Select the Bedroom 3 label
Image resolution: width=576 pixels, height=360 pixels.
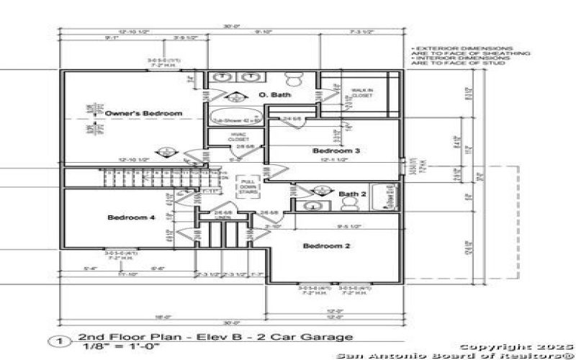[336, 150]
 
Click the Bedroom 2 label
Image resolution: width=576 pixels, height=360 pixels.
[327, 246]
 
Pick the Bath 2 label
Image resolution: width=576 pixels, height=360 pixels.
[353, 194]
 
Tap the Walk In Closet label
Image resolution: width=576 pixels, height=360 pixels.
[361, 93]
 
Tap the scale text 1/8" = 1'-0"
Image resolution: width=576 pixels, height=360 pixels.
[107, 346]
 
